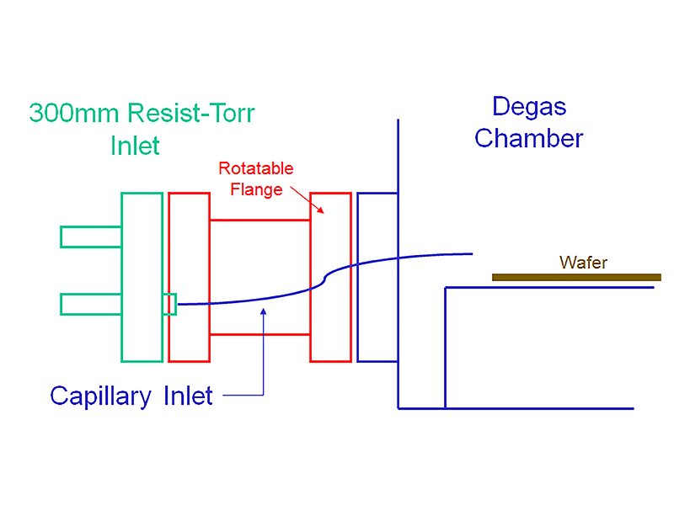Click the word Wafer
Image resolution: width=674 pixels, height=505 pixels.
tap(583, 263)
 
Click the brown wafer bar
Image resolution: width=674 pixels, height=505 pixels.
tap(576, 277)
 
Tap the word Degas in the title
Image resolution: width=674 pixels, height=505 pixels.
tap(529, 107)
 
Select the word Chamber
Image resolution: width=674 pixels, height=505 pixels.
tap(528, 138)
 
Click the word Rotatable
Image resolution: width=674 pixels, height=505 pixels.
tap(256, 168)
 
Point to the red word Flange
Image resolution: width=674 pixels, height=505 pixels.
tap(256, 189)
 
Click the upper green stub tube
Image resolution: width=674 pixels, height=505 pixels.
tap(90, 237)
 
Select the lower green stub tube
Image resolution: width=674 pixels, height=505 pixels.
tap(90, 303)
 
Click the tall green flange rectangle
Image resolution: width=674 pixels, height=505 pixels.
tap(142, 277)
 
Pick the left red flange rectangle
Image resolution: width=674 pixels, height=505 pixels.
tap(189, 277)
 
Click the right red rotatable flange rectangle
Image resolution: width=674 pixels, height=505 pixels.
tap(330, 277)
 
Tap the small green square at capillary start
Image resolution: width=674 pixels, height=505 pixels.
tap(169, 303)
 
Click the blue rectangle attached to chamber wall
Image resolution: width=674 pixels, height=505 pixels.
tap(377, 277)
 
